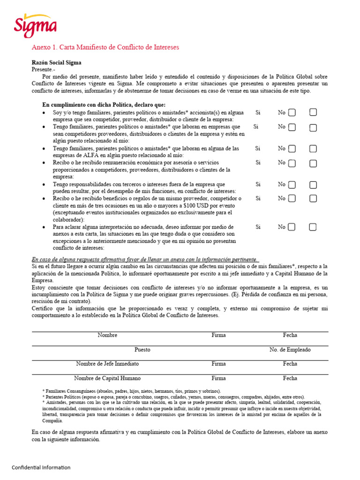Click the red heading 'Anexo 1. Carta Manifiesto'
105,47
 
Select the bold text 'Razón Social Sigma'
56,62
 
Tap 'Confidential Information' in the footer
41,467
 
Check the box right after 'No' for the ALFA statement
292,149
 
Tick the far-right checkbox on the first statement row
313,112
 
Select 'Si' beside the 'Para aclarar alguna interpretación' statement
257,227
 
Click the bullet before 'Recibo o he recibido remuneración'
44,163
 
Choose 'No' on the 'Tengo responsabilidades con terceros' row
281,184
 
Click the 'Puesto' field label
142,350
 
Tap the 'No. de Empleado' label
290,350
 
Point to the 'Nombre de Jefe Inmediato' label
107,364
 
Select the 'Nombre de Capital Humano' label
107,378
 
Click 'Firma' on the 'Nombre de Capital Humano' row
218,378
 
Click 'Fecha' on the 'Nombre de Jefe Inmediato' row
290,364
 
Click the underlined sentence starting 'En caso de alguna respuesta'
144,259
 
